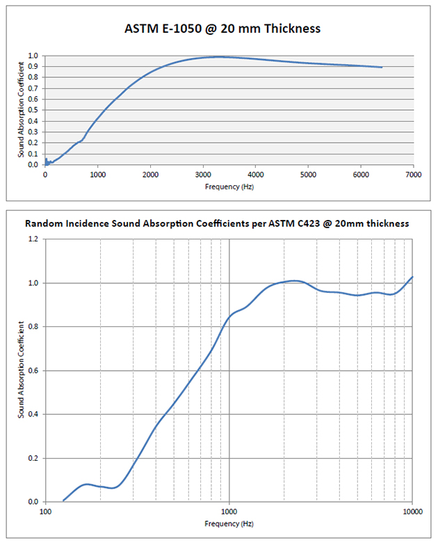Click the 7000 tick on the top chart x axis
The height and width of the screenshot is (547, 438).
coord(413,175)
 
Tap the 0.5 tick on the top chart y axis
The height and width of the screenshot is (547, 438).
coord(34,110)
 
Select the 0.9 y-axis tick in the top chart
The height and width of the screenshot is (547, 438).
coord(34,67)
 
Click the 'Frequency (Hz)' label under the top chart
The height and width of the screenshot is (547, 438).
coord(229,187)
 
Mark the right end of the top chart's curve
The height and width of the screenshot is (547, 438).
coord(382,68)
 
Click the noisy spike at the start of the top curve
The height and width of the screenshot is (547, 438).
coord(46,160)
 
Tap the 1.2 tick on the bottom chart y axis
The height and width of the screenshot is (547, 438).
coord(34,239)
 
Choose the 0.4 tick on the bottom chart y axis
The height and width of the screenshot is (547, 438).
coord(34,414)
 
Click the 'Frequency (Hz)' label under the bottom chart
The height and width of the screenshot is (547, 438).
coord(229,523)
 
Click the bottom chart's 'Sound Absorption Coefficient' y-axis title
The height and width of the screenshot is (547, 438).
coord(22,370)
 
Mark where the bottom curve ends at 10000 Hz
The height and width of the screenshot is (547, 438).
coord(413,277)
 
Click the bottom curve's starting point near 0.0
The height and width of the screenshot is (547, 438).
coord(63,500)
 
